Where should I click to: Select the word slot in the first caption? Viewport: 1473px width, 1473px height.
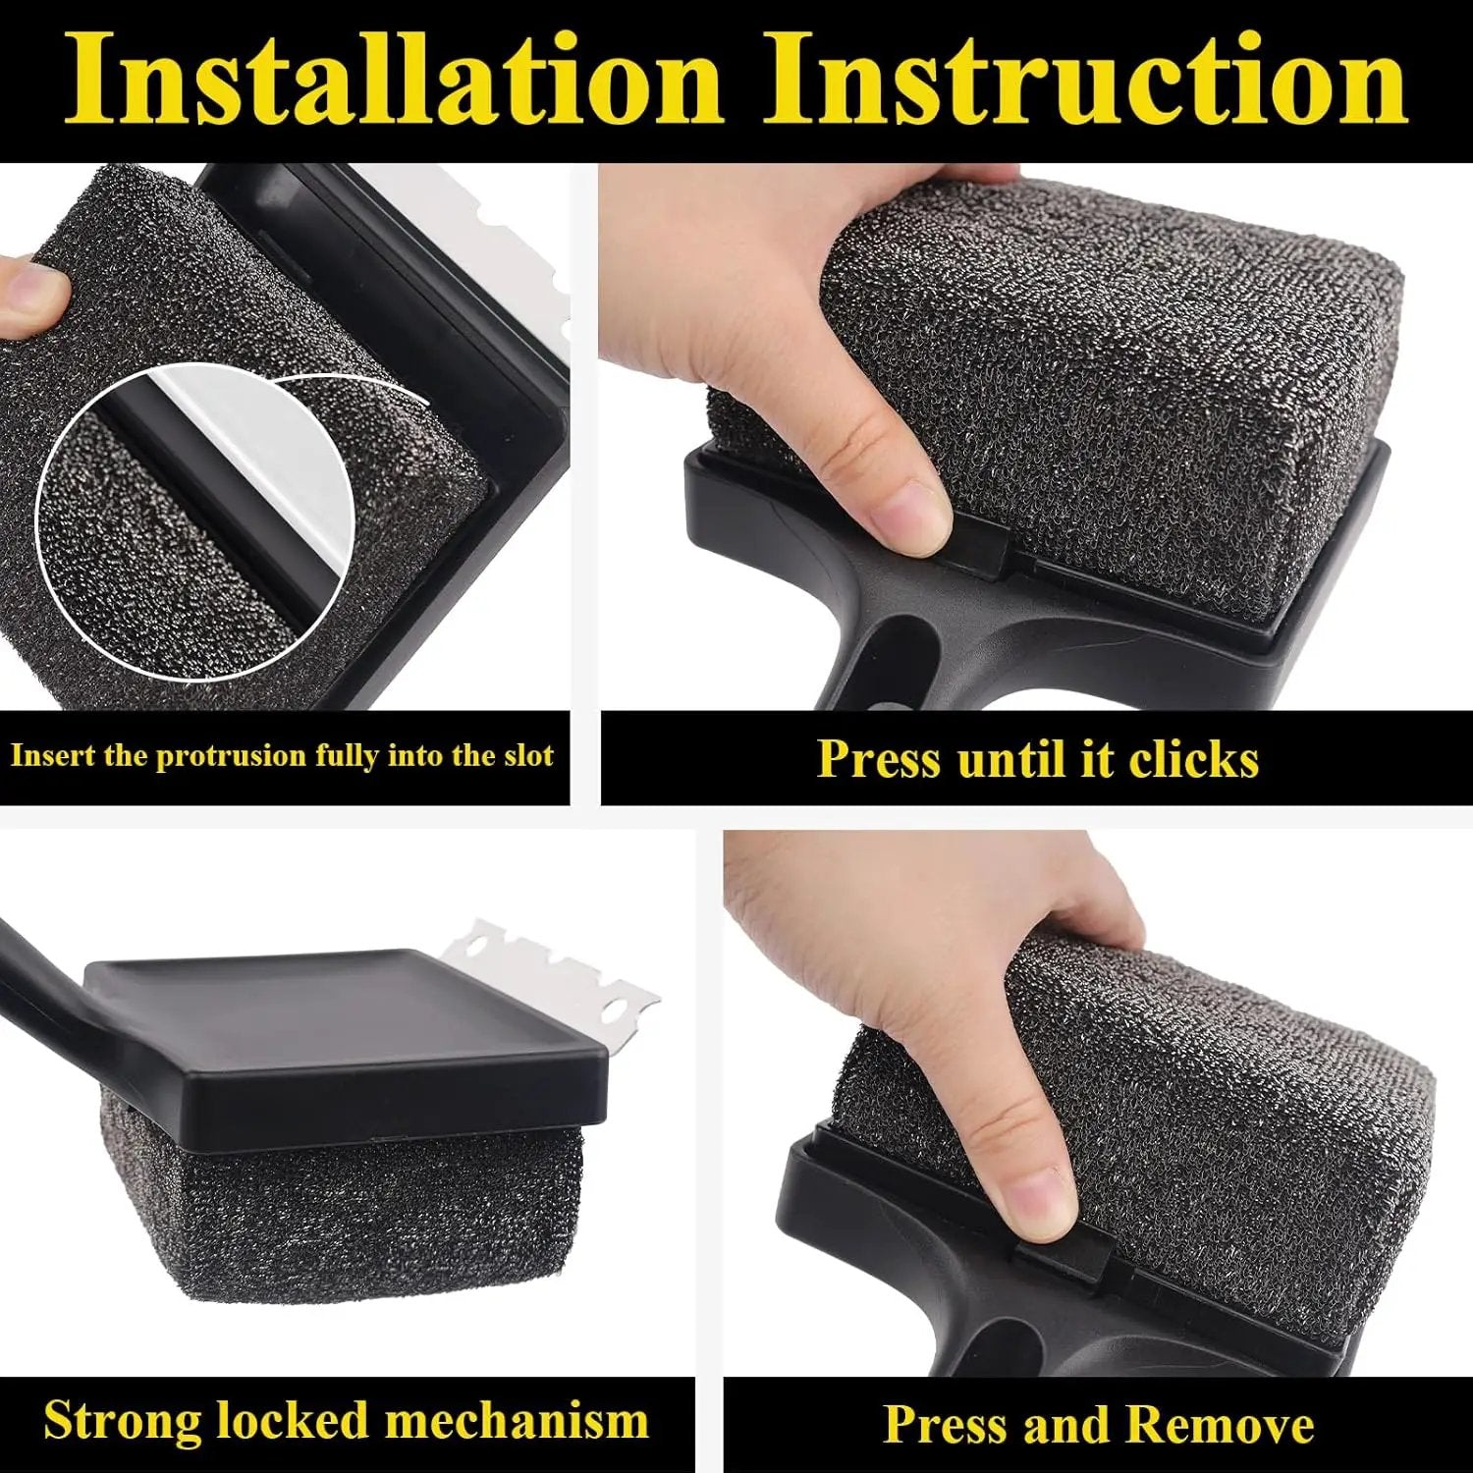click(528, 755)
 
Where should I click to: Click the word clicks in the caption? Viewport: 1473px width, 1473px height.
click(1193, 759)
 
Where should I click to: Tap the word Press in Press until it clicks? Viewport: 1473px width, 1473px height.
click(878, 759)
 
